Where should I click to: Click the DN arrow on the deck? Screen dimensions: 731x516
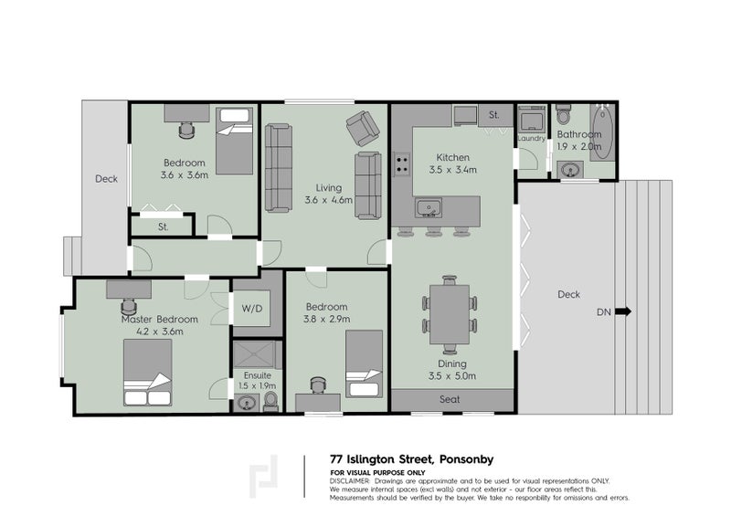pos(623,311)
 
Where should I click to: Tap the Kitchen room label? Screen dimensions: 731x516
pos(452,157)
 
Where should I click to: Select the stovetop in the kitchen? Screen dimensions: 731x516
pos(401,164)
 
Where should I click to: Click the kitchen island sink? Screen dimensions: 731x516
pos(429,208)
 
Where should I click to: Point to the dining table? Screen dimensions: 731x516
pos(450,314)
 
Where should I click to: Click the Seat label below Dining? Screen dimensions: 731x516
pos(450,399)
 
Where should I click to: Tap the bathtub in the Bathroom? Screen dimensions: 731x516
pos(603,132)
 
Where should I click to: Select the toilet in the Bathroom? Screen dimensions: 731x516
pos(564,114)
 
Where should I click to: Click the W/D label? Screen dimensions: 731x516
pos(252,309)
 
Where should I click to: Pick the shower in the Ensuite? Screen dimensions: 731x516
pos(258,355)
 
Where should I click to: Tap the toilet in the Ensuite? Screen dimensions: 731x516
pos(270,402)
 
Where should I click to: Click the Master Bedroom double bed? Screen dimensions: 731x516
pos(147,373)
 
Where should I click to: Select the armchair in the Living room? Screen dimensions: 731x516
pos(362,128)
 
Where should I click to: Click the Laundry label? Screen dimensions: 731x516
pos(532,139)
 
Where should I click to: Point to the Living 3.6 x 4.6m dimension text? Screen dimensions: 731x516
pos(329,200)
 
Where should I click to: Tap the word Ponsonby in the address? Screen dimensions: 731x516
pos(466,459)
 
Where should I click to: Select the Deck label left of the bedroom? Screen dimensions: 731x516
pos(106,179)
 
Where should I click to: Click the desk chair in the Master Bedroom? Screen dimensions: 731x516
pos(129,307)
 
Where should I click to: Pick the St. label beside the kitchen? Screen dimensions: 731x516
pos(494,115)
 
